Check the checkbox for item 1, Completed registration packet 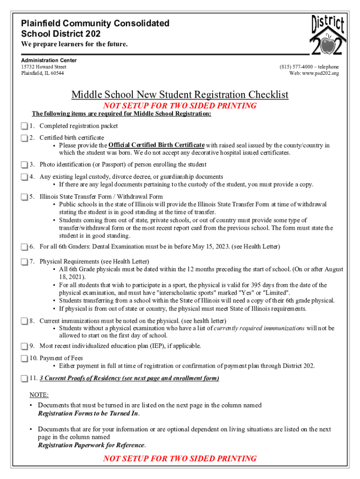click(24, 126)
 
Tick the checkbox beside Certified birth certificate click(24, 138)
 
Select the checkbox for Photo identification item click(24, 165)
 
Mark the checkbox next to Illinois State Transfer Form click(24, 197)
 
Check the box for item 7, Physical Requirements click(24, 261)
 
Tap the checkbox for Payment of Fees click(24, 358)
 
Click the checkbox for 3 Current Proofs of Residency click(24, 378)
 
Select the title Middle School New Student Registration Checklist click(180, 95)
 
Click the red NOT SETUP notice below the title click(180, 106)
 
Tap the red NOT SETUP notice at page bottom click(180, 458)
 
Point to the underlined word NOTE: click(39, 395)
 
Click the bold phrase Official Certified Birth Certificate click(156, 145)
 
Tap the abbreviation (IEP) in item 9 click(158, 346)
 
